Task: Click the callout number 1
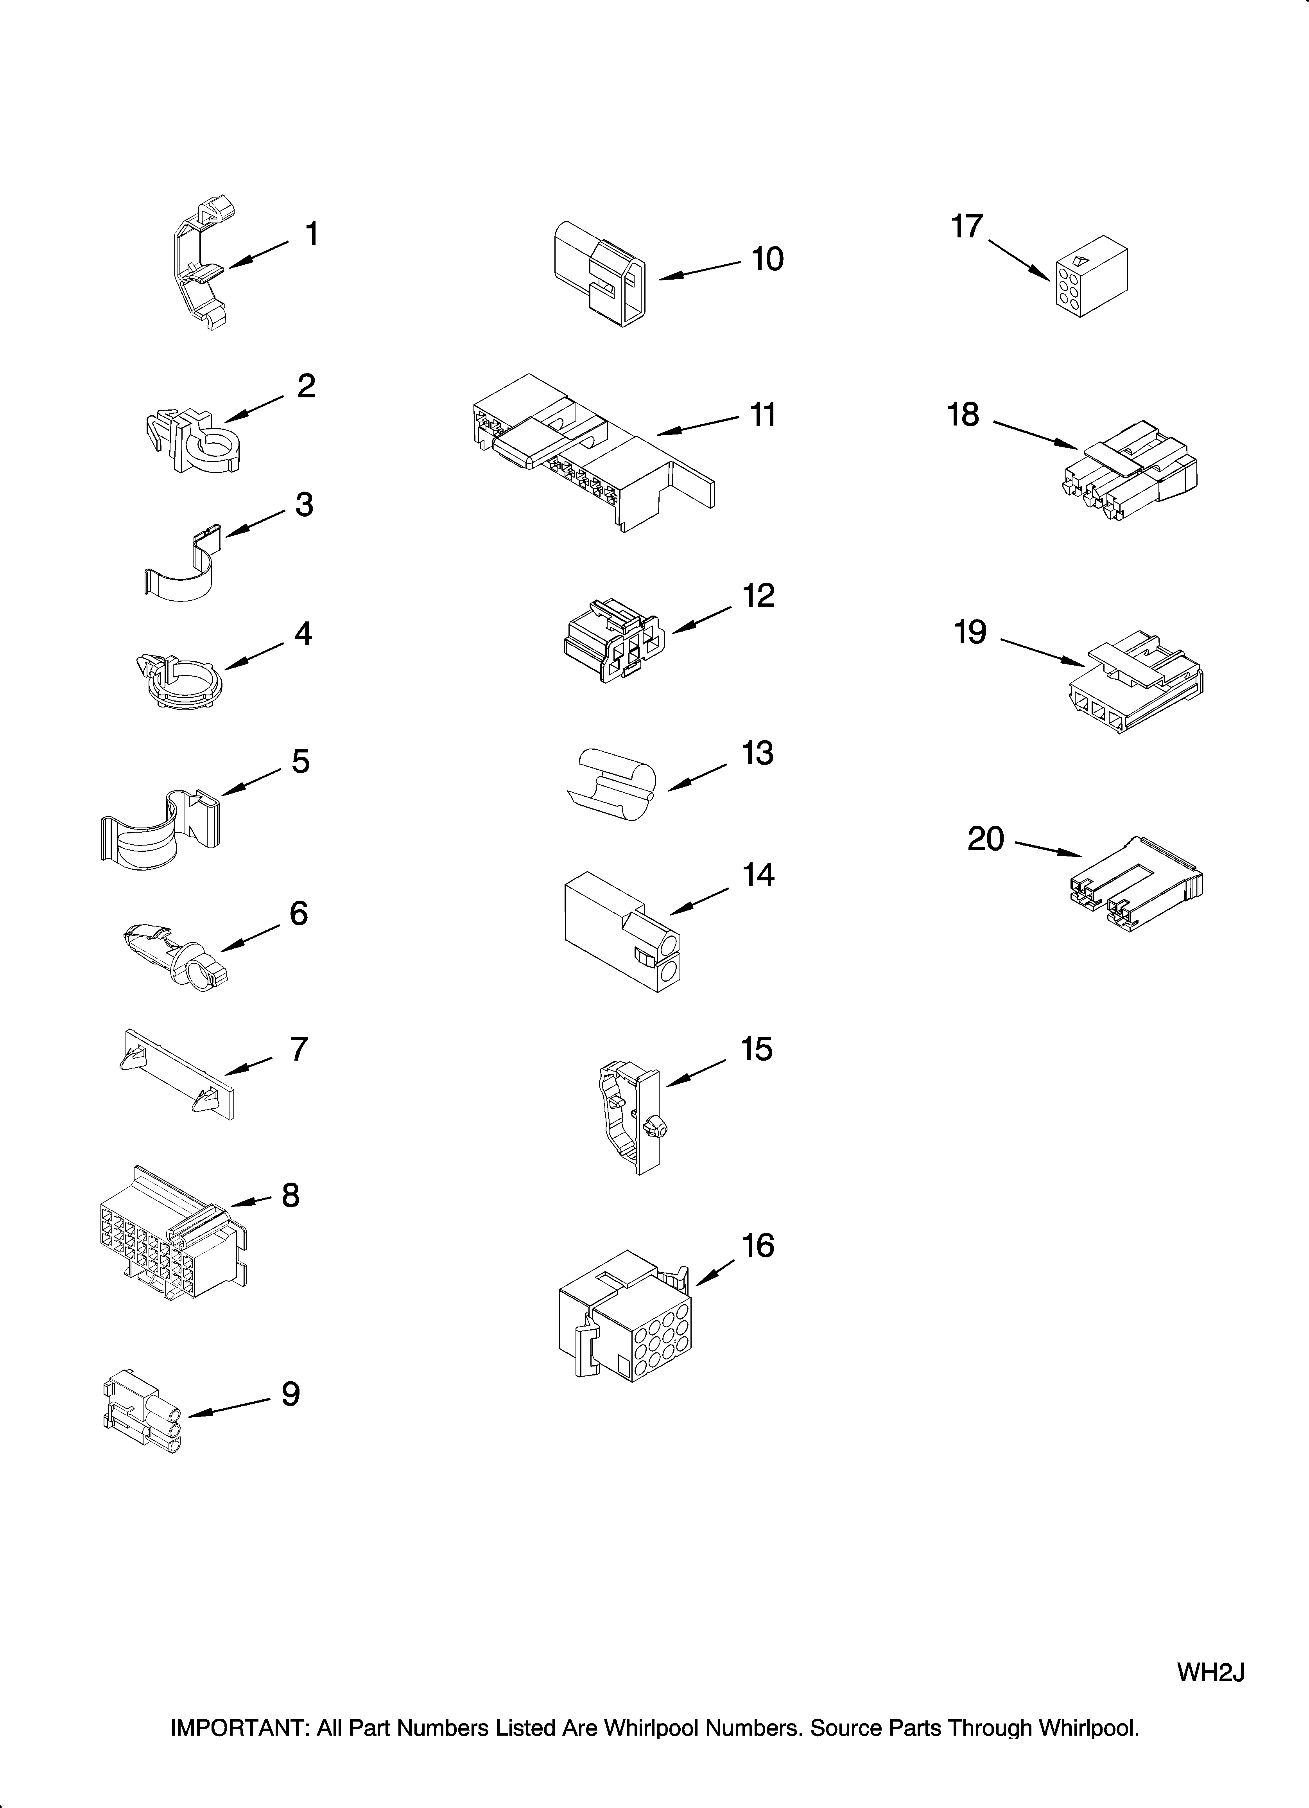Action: tap(312, 234)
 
